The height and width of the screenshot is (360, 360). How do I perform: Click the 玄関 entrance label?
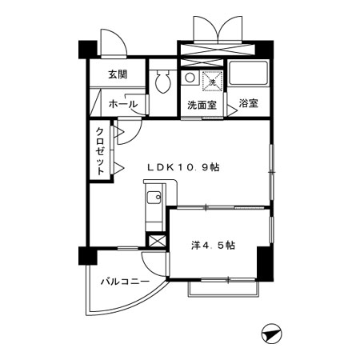[118, 74]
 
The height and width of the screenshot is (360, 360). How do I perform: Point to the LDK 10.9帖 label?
[183, 167]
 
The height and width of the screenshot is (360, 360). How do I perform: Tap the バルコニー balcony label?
[122, 282]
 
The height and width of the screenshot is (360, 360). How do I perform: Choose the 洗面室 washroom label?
[203, 105]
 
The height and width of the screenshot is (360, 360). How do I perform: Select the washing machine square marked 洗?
[213, 80]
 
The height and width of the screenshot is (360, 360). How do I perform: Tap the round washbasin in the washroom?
[190, 78]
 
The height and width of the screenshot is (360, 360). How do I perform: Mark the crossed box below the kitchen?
[158, 241]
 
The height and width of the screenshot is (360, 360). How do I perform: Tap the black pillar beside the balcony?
[86, 257]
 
